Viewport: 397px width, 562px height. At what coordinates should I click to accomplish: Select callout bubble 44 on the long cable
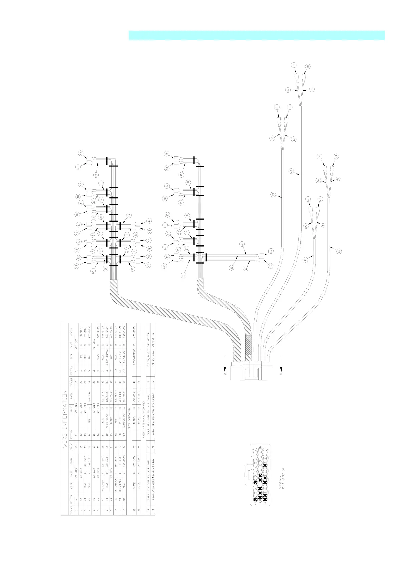(x=291, y=171)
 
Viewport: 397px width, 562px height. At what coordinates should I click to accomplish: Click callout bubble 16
(x=287, y=90)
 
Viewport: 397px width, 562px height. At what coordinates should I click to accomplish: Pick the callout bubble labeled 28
(x=312, y=89)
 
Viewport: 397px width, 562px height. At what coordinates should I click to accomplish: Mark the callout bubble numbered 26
(x=318, y=180)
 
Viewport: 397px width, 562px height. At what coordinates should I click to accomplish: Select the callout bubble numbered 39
(x=129, y=215)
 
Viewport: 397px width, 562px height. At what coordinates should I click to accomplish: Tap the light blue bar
(x=257, y=35)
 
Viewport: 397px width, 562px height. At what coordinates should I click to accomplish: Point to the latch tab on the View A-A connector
(x=245, y=474)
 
